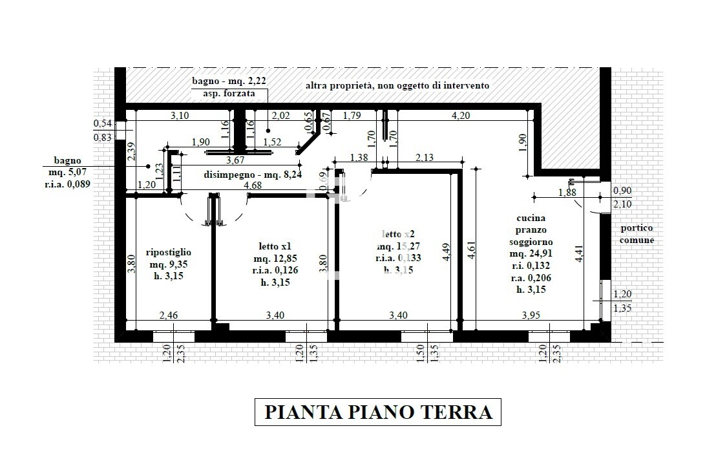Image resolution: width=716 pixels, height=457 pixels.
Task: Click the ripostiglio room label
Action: pyautogui.click(x=169, y=252)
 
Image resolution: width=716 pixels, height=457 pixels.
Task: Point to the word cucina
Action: pyautogui.click(x=531, y=218)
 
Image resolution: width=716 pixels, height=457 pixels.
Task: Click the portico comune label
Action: pyautogui.click(x=638, y=234)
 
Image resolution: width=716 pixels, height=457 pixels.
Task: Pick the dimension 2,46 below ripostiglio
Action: pyautogui.click(x=169, y=315)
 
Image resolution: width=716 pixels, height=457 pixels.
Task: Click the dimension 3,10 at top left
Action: pyautogui.click(x=180, y=116)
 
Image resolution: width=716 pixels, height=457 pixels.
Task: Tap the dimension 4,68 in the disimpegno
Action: pyautogui.click(x=253, y=186)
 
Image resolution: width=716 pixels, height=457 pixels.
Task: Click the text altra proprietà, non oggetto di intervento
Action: pyautogui.click(x=397, y=85)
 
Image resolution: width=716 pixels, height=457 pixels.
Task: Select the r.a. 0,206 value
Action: pyautogui.click(x=530, y=277)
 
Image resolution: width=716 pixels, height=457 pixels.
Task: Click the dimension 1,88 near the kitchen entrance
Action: pyautogui.click(x=567, y=192)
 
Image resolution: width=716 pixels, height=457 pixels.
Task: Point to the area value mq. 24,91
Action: pyautogui.click(x=531, y=254)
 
